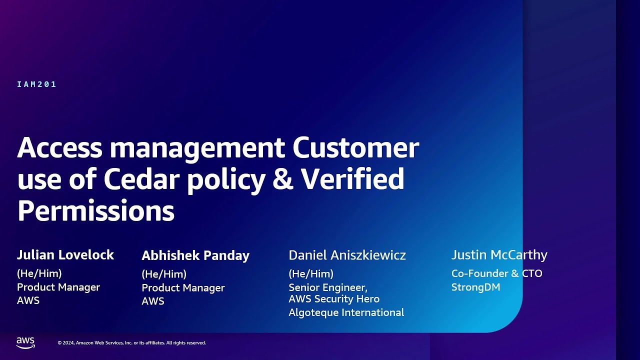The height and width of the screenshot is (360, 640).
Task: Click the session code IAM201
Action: [36, 84]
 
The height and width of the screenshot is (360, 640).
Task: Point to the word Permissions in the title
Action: [95, 210]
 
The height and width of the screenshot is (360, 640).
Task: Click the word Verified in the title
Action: [352, 179]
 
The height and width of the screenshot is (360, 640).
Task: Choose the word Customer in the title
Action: [355, 148]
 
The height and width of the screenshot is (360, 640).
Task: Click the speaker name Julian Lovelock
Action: [65, 255]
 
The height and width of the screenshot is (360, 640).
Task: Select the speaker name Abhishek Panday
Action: [195, 255]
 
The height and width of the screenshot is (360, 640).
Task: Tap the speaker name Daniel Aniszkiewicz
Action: [347, 255]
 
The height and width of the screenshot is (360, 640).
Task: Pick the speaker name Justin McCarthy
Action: [499, 255]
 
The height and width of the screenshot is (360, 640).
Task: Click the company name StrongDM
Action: [475, 287]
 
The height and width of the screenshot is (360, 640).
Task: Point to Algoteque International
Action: [346, 312]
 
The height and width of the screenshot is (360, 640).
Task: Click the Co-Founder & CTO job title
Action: [496, 273]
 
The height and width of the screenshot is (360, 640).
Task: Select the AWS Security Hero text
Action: [334, 299]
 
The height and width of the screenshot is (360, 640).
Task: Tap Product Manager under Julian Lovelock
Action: [58, 287]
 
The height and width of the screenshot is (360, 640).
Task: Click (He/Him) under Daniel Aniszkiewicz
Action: [311, 273]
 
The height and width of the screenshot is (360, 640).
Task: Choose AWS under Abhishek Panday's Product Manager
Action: [153, 301]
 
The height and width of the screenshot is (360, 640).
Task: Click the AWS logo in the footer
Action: [25, 342]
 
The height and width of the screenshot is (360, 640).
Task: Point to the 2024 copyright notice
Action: [131, 343]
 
